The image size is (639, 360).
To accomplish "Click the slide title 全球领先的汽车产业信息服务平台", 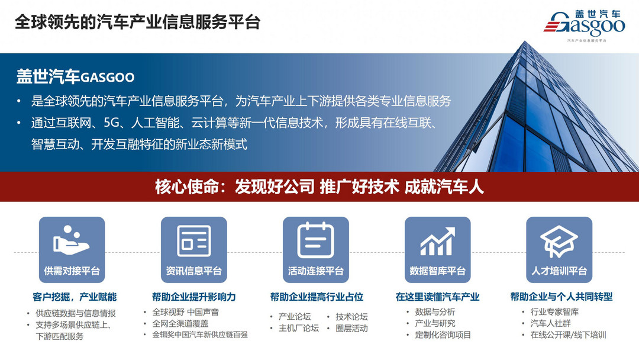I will click(137, 22).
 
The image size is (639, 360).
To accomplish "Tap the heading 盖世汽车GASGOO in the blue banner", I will click(75, 77).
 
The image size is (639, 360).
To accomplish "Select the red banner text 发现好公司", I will click(274, 187).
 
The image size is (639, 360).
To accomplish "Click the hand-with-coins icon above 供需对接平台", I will click(72, 240).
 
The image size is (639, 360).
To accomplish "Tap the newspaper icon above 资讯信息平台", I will click(193, 240).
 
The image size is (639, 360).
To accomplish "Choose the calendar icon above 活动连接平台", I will click(315, 240).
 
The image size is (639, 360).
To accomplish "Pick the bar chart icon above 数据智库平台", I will click(437, 240).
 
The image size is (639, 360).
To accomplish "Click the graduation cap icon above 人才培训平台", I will click(559, 240).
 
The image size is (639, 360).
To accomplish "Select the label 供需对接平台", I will click(72, 271).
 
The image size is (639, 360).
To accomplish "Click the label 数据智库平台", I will click(437, 271).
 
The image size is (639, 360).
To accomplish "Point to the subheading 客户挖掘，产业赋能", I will click(75, 297).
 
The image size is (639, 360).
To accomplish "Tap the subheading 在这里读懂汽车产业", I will click(437, 297).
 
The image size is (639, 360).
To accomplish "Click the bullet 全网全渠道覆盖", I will click(180, 323).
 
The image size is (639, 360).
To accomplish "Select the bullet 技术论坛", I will click(351, 317).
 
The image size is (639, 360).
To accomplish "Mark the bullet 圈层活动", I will click(351, 328).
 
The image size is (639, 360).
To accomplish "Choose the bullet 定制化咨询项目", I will click(443, 335).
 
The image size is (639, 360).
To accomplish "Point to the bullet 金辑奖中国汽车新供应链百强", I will click(200, 335).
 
